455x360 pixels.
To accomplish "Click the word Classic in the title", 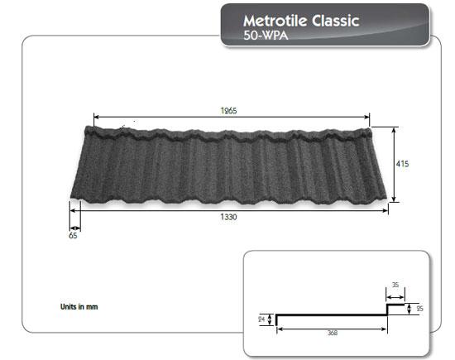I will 334,20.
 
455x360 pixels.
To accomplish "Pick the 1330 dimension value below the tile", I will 230,218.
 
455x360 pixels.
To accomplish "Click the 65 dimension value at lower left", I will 74,235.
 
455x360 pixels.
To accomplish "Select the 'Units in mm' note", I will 80,306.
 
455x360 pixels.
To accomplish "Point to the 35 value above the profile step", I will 395,286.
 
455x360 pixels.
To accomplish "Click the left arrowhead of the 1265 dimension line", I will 95,118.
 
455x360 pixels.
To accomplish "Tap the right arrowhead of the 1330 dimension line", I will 386,211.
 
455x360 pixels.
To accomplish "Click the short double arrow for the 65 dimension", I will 74,227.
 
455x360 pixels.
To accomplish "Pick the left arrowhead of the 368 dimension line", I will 278,329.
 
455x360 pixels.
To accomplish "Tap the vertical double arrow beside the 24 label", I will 270,319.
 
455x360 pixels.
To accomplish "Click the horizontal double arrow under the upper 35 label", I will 395,294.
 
